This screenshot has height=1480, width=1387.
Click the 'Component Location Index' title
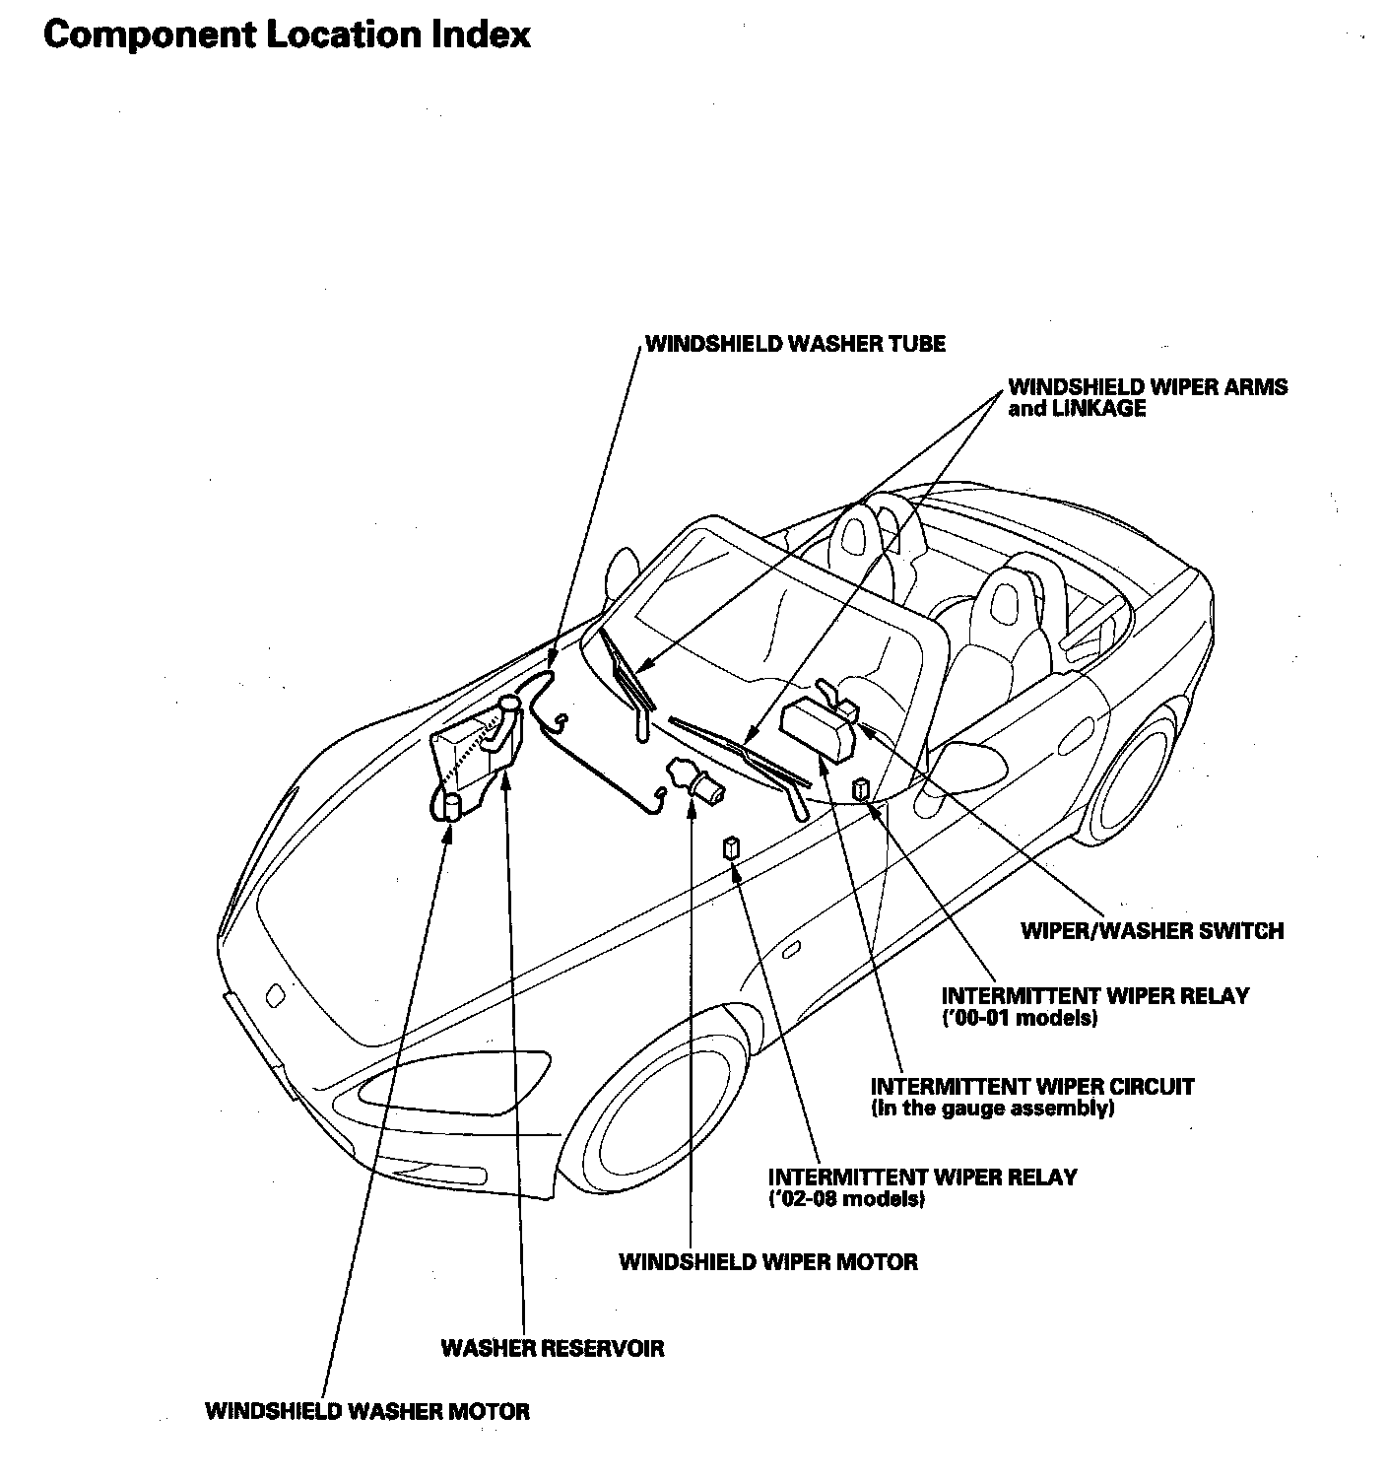tap(287, 34)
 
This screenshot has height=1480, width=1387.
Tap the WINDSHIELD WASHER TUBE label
tap(794, 344)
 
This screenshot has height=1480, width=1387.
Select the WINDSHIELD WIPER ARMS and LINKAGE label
tap(1147, 397)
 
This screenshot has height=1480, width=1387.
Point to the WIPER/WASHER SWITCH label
tap(1152, 930)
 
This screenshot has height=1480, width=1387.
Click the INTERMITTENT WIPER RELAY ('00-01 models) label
tap(1094, 1006)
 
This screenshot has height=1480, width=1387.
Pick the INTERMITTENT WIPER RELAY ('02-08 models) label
tap(922, 1187)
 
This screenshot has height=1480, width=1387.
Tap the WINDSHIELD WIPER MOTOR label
tap(767, 1261)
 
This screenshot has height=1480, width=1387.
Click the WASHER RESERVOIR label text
tap(552, 1347)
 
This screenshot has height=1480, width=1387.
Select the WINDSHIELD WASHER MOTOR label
tap(366, 1411)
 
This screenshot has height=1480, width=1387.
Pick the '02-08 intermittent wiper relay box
tap(731, 847)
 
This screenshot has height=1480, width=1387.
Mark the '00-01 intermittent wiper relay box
tap(861, 788)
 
